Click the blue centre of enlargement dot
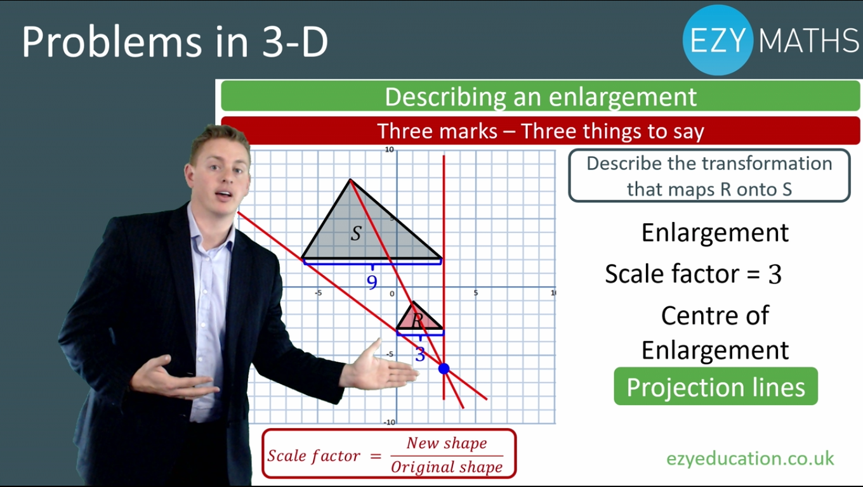444,368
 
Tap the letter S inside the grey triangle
356,233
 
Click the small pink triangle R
420,318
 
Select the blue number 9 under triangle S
372,282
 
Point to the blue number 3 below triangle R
420,354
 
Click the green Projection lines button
716,386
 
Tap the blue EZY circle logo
717,40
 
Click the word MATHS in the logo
808,40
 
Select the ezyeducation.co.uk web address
750,458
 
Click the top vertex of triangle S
350,179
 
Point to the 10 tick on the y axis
390,150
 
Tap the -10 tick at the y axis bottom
389,422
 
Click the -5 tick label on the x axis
318,293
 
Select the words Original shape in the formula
447,467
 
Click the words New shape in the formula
447,443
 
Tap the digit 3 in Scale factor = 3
775,275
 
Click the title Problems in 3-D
175,42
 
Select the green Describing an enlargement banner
540,96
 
